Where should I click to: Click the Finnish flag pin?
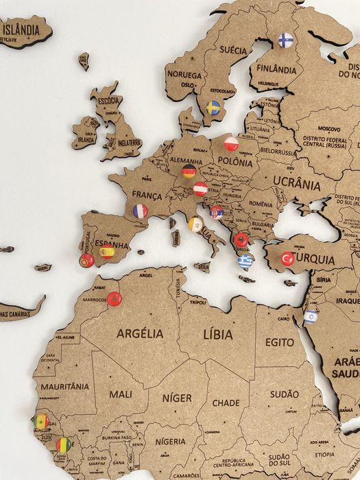285,40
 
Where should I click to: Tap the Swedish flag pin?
213,108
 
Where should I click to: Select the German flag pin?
189,171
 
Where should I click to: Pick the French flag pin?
140,211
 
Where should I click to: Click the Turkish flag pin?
287,259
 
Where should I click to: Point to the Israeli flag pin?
310,316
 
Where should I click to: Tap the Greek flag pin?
245,261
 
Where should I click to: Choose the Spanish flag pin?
106,252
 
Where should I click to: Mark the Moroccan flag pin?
114,299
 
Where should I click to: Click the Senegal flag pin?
42,421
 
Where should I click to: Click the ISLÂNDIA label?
21,29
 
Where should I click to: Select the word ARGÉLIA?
140,333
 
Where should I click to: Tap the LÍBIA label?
218,333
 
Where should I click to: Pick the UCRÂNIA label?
296,183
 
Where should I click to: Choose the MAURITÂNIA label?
64,387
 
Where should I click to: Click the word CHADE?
226,403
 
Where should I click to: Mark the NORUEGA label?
184,75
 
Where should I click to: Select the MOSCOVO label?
328,128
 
